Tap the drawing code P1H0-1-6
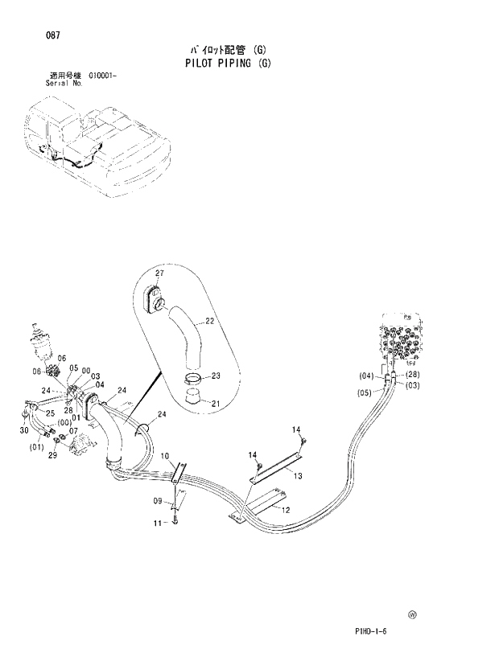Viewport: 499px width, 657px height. coord(371,631)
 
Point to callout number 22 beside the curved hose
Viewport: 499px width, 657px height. coord(210,322)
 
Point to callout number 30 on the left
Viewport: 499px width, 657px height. coord(23,431)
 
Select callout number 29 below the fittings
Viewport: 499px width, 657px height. coord(53,455)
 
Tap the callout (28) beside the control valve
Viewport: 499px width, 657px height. coord(413,376)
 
